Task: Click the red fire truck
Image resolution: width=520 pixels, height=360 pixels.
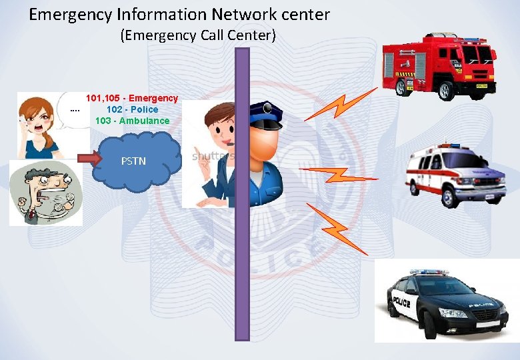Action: tap(439, 64)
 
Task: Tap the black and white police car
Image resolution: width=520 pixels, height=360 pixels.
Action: tap(444, 300)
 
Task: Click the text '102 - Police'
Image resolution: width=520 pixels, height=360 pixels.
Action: tap(132, 109)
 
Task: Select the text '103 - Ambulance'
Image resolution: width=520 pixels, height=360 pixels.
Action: tap(132, 121)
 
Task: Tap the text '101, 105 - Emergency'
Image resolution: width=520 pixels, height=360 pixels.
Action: tap(132, 98)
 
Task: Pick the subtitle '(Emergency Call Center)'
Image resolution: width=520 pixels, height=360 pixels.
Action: tap(198, 36)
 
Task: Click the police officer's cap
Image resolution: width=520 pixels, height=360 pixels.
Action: tap(266, 115)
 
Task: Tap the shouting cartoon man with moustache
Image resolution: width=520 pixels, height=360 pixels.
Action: tap(45, 193)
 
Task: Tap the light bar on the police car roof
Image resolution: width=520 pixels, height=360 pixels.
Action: tap(428, 272)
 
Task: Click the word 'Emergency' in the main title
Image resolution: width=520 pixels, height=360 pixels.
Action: tap(67, 14)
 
